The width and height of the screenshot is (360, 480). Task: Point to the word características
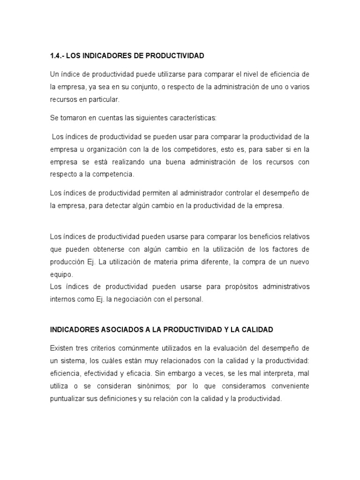191,118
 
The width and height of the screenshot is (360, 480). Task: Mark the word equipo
61,274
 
